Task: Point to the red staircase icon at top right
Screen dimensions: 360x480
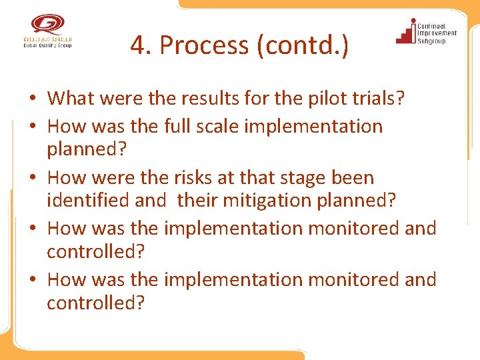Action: point(405,31)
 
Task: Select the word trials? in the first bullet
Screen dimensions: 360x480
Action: point(380,99)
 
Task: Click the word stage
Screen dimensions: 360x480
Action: point(301,177)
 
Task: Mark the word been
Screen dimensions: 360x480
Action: point(351,177)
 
